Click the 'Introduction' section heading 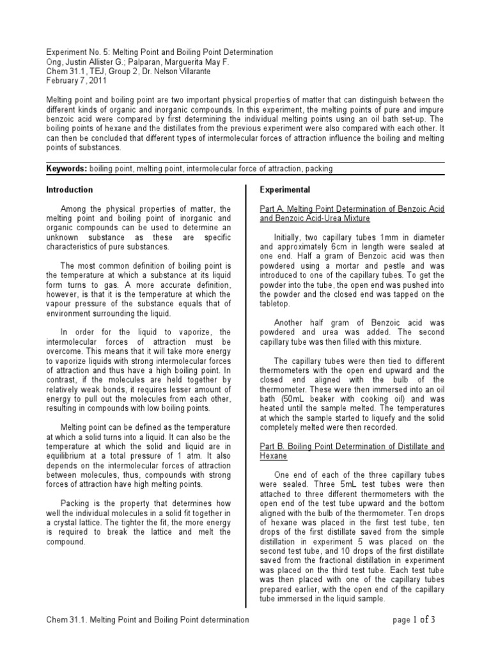tap(70, 190)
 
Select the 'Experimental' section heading tap(284, 190)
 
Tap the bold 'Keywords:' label tap(67, 169)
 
